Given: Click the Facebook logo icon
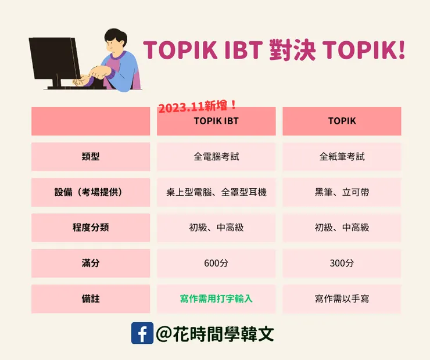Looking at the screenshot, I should [142, 333].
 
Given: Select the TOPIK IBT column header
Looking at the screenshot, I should [216, 121].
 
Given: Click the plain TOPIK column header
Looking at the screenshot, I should [342, 121].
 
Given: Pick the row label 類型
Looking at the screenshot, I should [91, 157].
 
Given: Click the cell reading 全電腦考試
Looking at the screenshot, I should [216, 157].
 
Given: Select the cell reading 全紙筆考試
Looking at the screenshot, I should [342, 157].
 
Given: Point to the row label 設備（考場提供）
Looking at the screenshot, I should [91, 192].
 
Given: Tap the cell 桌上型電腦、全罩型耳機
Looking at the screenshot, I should [216, 192].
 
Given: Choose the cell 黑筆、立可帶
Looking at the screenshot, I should [342, 192].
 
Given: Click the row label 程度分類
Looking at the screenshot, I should [91, 228].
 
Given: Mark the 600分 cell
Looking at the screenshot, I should [216, 263].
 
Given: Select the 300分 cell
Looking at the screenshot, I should [342, 263].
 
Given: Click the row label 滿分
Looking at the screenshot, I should [91, 263].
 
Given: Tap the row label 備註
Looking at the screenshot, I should [91, 298].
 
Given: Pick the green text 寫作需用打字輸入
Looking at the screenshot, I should [216, 298].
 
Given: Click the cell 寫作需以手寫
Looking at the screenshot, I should [342, 298].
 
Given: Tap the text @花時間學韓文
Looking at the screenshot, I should [215, 333].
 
